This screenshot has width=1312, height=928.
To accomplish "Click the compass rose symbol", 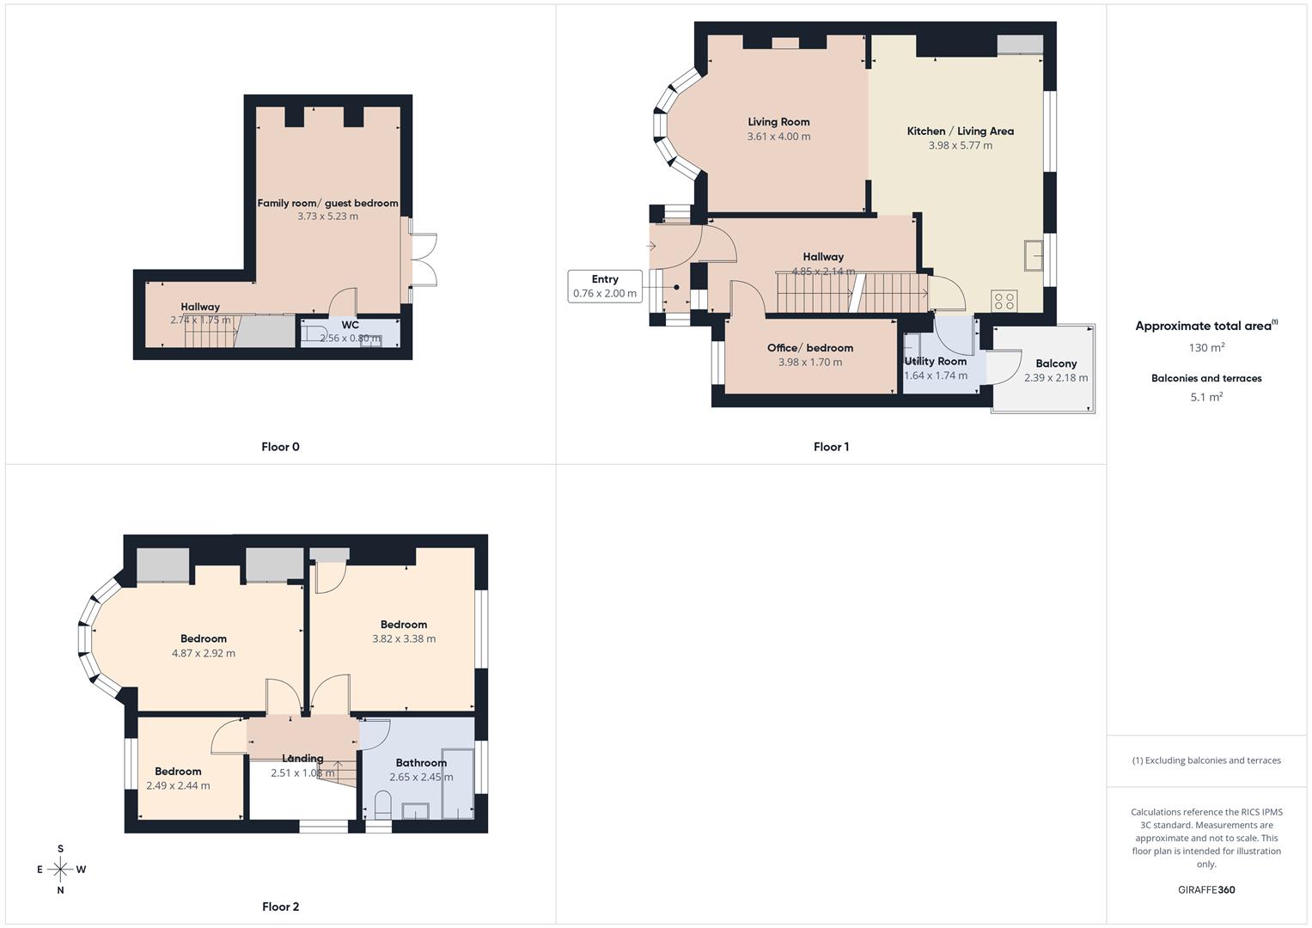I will click(x=60, y=870).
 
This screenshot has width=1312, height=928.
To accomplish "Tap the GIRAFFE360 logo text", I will click(x=1205, y=890).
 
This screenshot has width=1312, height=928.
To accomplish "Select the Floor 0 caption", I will click(x=280, y=447).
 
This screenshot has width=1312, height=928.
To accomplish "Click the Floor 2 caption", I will click(x=280, y=907).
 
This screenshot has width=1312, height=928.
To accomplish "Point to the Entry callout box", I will click(x=605, y=286).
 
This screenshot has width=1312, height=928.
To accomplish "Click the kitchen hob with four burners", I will click(x=1004, y=301).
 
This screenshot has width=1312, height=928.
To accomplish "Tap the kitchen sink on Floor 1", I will click(x=1034, y=255).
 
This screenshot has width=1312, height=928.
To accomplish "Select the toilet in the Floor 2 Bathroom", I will click(x=383, y=806).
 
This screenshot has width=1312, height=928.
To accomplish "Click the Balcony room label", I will click(x=1056, y=363).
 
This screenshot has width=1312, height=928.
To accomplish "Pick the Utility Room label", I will click(x=935, y=361).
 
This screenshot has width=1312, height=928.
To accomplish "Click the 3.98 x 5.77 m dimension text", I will click(x=960, y=146).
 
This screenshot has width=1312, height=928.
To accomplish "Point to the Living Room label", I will click(x=778, y=122).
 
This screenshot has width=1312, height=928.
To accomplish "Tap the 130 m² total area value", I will click(x=1205, y=348).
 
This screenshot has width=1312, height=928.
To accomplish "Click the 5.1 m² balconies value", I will click(x=1205, y=397).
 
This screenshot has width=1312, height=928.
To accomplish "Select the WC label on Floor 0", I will click(x=350, y=326).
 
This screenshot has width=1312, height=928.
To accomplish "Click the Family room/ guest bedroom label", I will click(x=327, y=204).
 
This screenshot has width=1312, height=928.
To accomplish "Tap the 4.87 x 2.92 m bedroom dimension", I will click(x=204, y=653).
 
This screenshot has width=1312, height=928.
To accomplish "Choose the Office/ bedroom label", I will click(x=809, y=348).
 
